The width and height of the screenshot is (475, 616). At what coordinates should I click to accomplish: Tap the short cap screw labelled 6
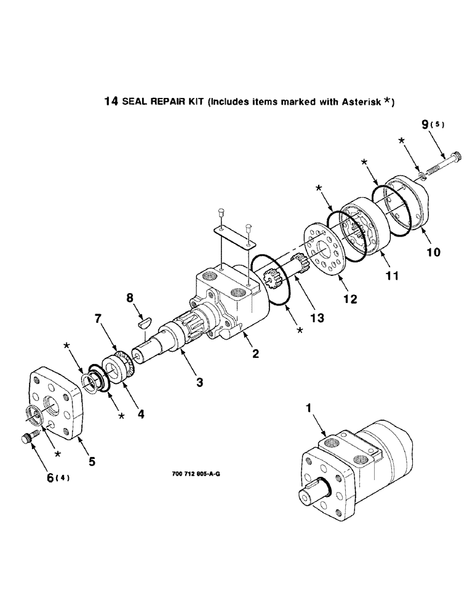click(26, 439)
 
